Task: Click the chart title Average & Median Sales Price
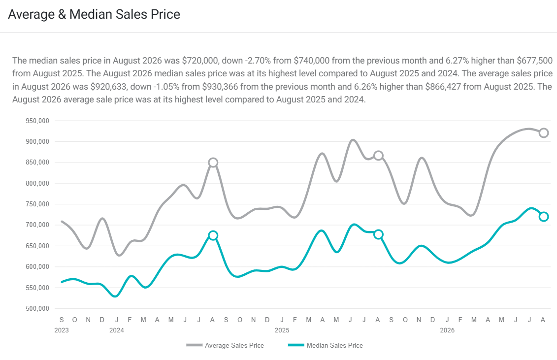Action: pos(94,14)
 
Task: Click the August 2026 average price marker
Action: pos(544,129)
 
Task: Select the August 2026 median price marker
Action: pos(544,212)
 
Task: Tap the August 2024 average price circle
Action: pos(213,158)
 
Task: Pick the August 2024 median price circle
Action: pos(213,231)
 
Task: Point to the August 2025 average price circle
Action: pos(378,151)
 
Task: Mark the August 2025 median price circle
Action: pos(378,230)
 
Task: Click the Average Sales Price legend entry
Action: pos(225,345)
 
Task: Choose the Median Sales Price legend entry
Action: pos(326,345)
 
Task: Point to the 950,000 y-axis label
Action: pos(37,121)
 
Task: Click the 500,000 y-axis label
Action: pos(37,308)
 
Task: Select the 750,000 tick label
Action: pos(37,204)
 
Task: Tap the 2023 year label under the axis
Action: pos(62,330)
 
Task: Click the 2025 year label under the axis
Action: pos(282,330)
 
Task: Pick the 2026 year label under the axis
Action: pos(447,330)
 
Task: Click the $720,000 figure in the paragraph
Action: pos(201,61)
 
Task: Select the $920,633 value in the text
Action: pos(108,87)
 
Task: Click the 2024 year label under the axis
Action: pos(117,330)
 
